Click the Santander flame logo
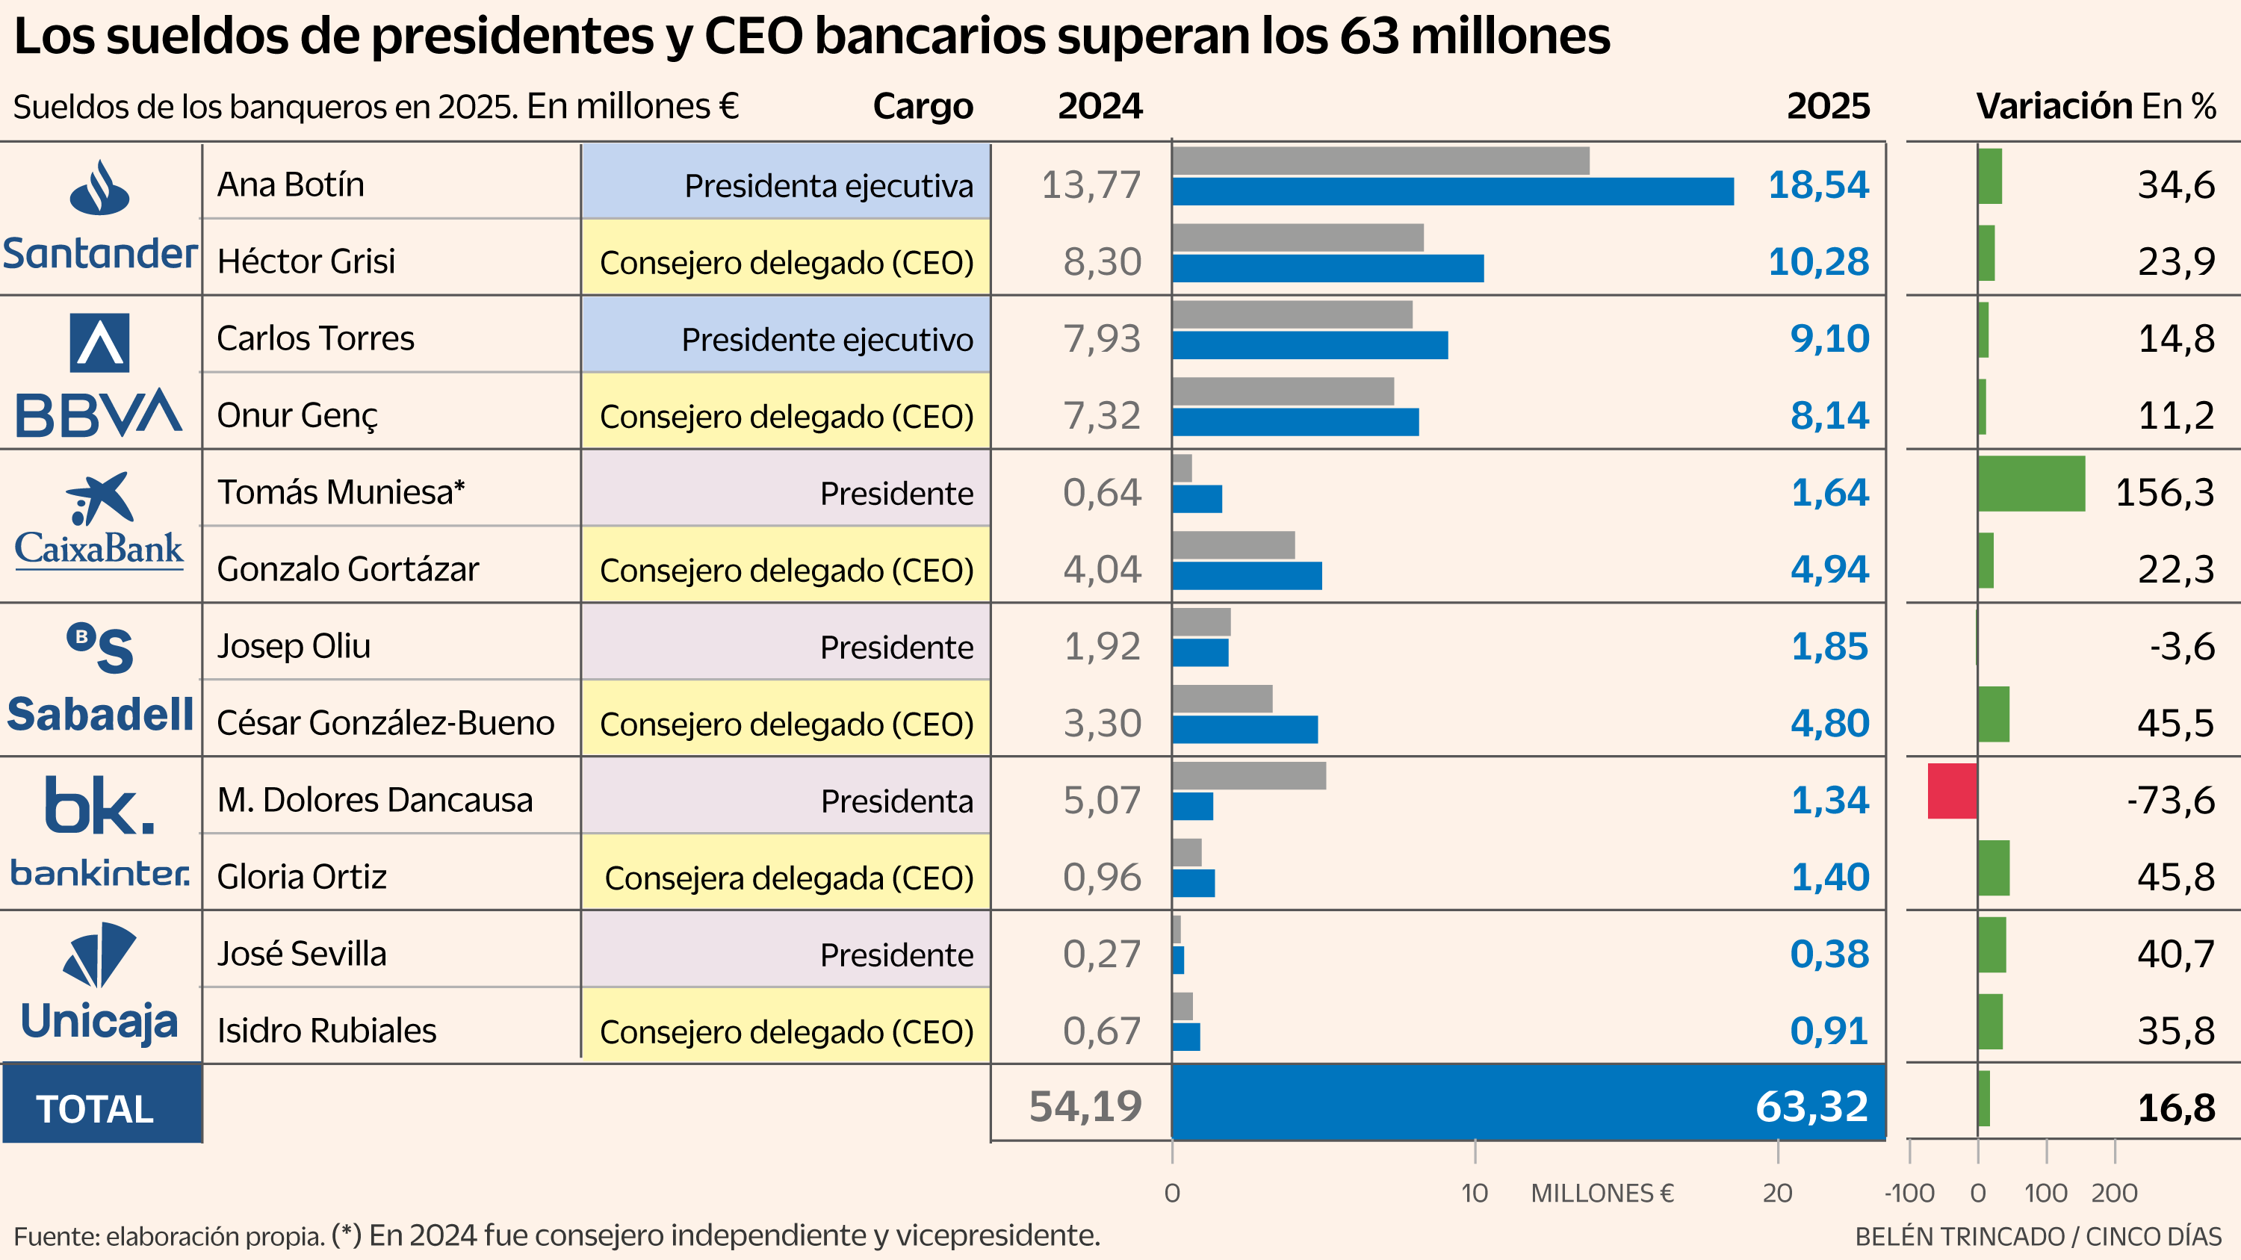[x=100, y=187]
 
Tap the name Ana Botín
[x=291, y=184]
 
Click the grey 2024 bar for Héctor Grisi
[x=1297, y=238]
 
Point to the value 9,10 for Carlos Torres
[x=1829, y=338]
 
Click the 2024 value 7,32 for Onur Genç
[x=1101, y=416]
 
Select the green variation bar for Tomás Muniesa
[x=2030, y=483]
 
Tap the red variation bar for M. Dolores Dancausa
[x=1951, y=790]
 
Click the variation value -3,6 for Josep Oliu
[x=2182, y=646]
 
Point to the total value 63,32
[x=1811, y=1106]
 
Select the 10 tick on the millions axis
[x=1474, y=1192]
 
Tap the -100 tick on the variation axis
[x=1909, y=1192]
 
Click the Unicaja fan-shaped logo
[x=100, y=954]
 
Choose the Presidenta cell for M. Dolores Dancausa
[x=786, y=800]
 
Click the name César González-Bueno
[x=385, y=722]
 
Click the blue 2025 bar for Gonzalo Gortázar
[x=1246, y=576]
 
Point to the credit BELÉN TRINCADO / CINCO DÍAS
[x=2037, y=1235]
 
